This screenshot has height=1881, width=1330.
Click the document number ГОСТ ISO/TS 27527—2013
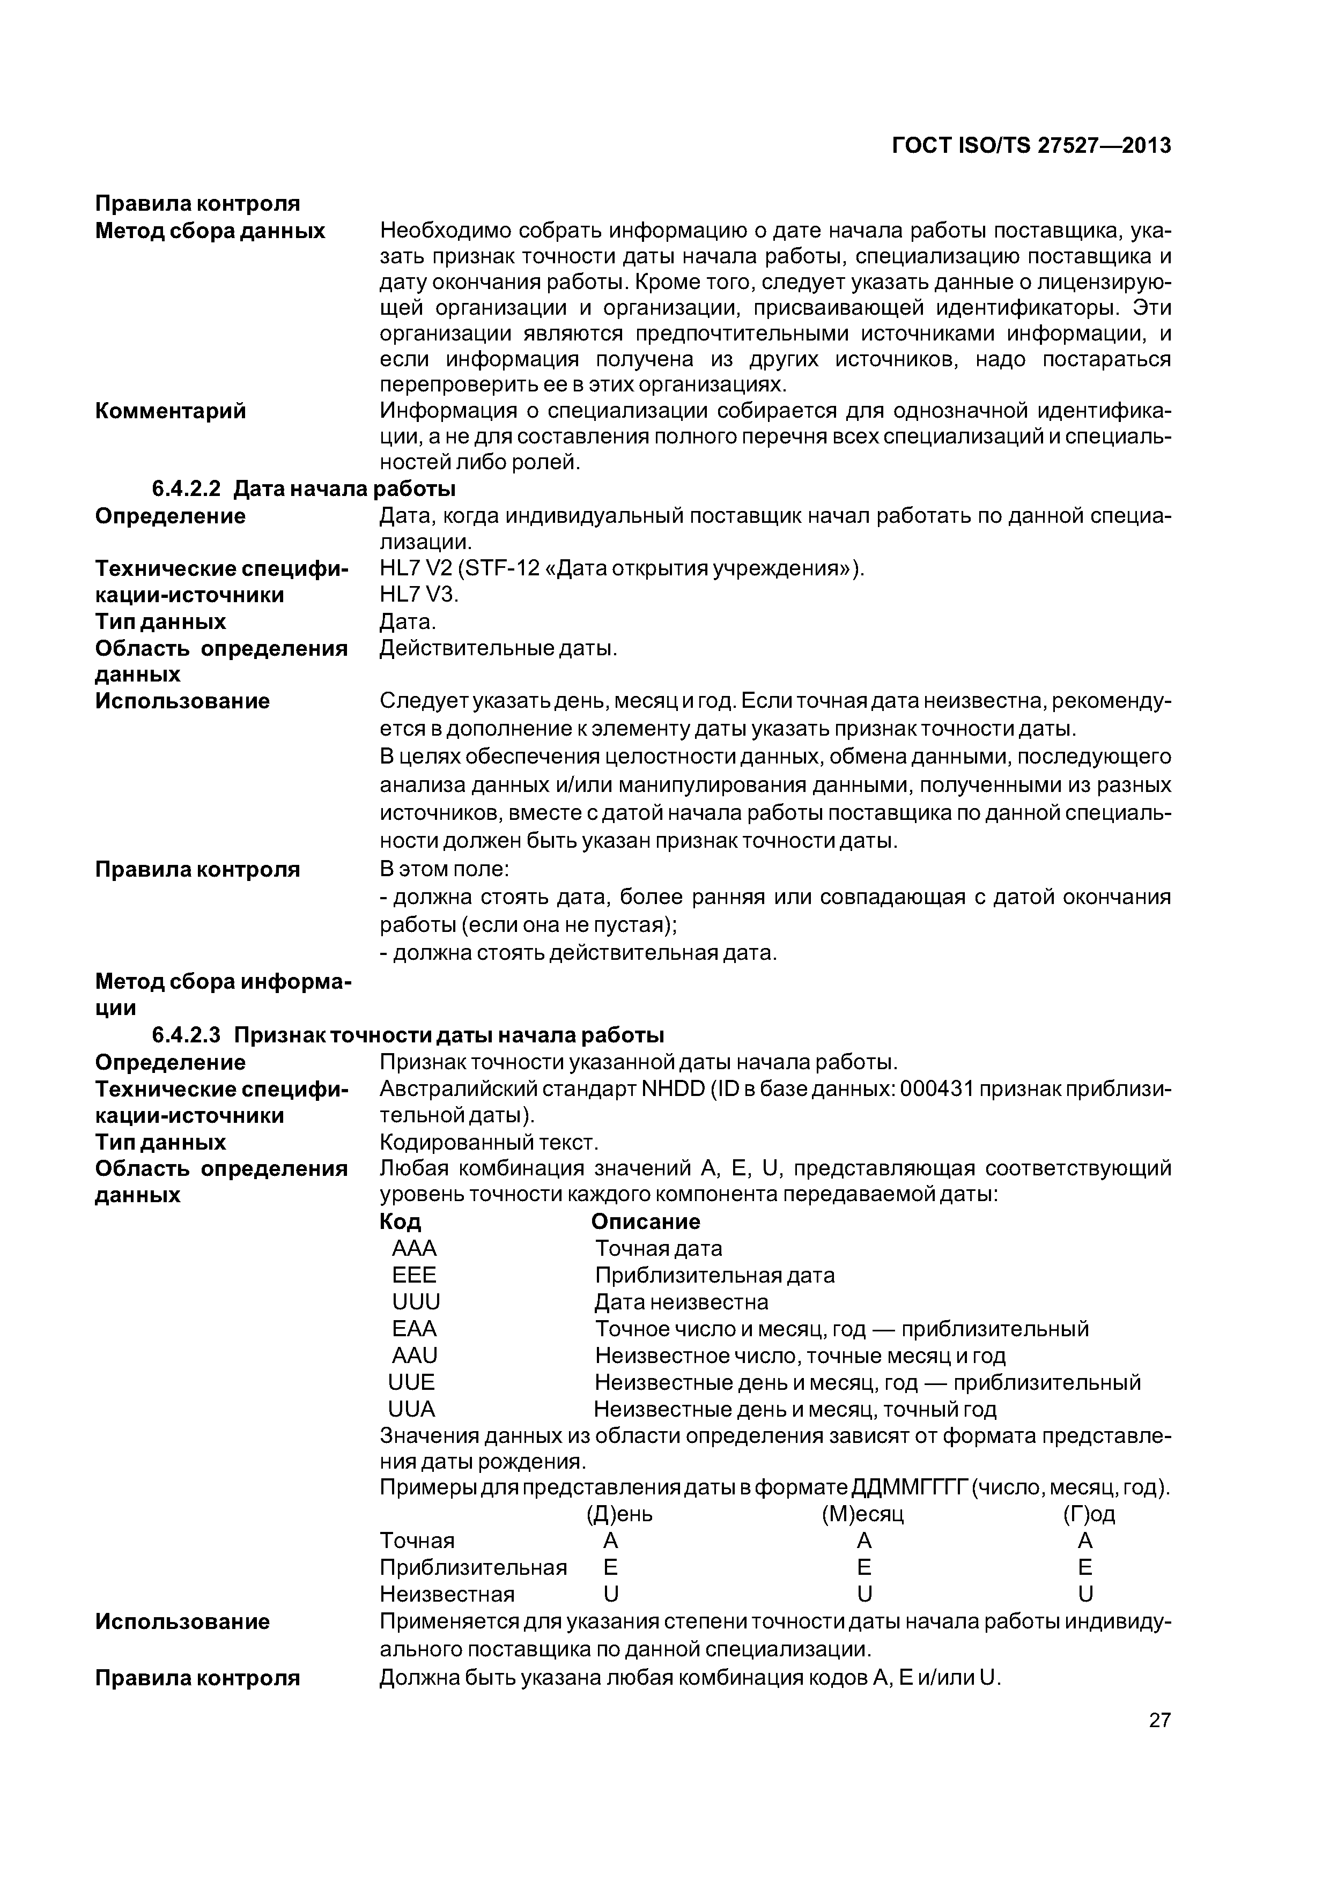point(1031,146)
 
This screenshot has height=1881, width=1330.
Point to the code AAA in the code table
point(415,1248)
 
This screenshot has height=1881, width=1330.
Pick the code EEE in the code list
point(415,1276)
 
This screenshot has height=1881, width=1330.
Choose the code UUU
point(416,1302)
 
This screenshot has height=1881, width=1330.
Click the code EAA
point(415,1329)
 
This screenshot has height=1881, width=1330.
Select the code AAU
point(415,1356)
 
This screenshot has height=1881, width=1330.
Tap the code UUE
point(411,1383)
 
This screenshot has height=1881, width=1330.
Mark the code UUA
point(411,1410)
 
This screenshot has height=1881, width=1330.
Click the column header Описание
point(646,1221)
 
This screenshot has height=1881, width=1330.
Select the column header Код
point(401,1221)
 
